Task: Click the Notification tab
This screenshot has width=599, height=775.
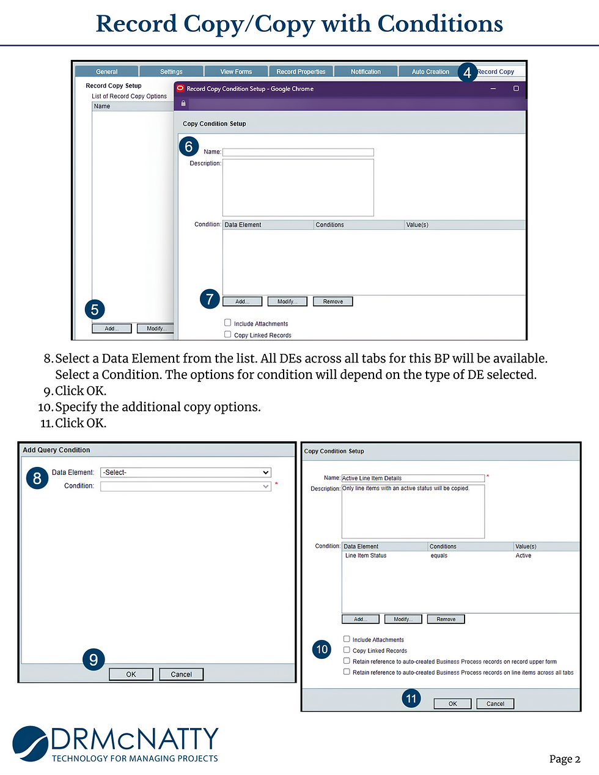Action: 366,72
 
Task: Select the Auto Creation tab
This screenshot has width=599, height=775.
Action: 430,72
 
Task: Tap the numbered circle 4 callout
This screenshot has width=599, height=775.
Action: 467,72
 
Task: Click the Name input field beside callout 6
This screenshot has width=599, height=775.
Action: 298,152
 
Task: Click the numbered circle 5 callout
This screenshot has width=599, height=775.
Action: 95,309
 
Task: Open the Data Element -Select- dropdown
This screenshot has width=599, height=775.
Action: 185,472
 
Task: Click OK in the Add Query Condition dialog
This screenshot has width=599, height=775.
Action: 131,674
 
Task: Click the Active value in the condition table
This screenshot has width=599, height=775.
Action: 523,556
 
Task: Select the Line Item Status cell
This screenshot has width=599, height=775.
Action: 366,556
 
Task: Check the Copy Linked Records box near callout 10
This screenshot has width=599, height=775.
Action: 347,650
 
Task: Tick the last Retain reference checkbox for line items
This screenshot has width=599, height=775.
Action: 347,672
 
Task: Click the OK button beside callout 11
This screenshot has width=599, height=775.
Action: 452,703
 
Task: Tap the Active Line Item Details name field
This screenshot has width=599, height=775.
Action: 413,478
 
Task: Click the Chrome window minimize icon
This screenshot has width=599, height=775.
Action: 493,89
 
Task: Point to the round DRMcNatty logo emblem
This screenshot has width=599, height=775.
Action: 31,743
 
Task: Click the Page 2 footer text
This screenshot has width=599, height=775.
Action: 564,759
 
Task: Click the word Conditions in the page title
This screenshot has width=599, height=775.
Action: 440,24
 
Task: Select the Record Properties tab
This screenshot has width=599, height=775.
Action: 301,72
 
